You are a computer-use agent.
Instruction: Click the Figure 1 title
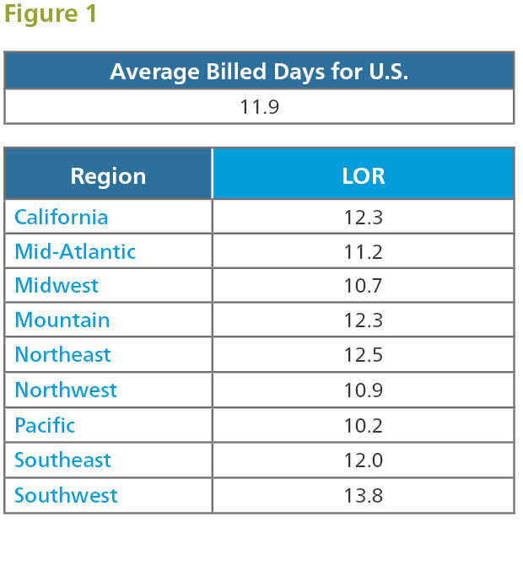click(51, 14)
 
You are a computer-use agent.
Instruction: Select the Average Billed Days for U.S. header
click(259, 71)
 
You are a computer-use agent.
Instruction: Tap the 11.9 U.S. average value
click(259, 107)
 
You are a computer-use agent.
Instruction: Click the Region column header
click(108, 175)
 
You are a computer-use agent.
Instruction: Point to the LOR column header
click(364, 175)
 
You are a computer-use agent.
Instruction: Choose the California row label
click(62, 217)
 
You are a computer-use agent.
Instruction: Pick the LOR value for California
click(364, 217)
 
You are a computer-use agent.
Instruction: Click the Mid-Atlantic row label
click(75, 251)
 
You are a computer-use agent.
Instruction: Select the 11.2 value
click(364, 251)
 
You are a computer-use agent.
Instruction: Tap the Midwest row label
click(57, 286)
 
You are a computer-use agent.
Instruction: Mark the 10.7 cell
click(364, 286)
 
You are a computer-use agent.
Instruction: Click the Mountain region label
click(62, 320)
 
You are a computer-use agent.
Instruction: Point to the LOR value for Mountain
click(364, 320)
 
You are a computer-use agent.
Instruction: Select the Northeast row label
click(63, 355)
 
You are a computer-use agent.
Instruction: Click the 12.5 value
click(364, 355)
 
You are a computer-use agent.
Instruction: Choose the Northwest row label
click(66, 390)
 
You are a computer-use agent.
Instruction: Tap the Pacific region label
click(45, 425)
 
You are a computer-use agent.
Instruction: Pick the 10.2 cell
click(364, 425)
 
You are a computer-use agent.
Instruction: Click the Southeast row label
click(63, 460)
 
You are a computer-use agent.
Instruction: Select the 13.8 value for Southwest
click(364, 495)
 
